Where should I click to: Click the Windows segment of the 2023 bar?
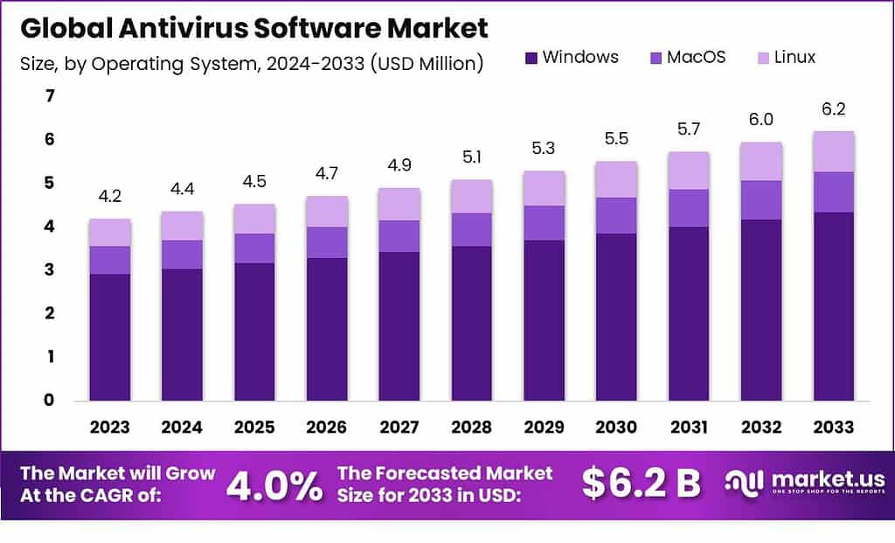109,337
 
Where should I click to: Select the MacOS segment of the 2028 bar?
471,229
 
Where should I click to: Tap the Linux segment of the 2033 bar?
833,151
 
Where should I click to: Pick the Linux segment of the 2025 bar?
254,219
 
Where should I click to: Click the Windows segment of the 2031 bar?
688,313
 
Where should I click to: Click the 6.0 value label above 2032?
760,120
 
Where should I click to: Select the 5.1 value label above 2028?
471,157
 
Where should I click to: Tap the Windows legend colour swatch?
531,59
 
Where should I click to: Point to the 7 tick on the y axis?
50,96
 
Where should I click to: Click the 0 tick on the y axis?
50,400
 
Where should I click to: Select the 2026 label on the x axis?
327,428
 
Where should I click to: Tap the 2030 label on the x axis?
615,428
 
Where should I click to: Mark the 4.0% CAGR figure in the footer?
274,486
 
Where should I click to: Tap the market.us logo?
805,483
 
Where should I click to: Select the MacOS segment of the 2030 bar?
615,215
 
